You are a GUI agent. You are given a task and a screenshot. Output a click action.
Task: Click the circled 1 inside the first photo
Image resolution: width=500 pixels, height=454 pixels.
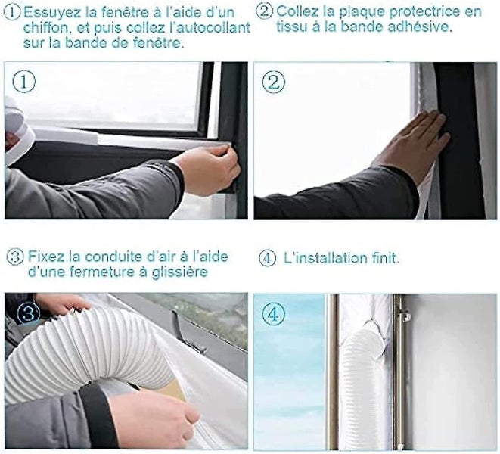[26, 82]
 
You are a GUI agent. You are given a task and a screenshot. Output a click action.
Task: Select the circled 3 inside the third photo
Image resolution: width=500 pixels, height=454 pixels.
[24, 312]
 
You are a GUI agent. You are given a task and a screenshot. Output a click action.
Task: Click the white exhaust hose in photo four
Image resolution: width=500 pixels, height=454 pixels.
[364, 371]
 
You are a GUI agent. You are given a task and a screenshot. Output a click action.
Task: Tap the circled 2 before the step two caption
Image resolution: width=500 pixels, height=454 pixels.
[264, 11]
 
